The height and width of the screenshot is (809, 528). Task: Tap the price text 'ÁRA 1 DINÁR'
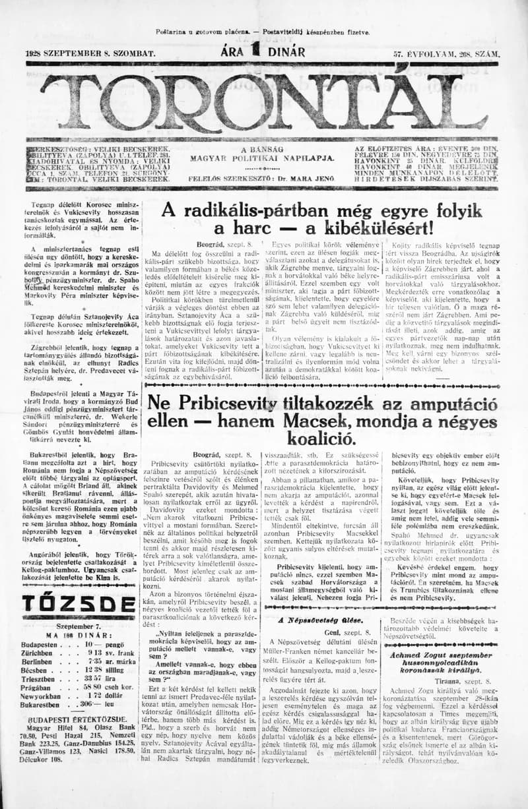(x=263, y=51)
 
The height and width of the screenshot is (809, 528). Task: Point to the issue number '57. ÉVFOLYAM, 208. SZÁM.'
(x=446, y=53)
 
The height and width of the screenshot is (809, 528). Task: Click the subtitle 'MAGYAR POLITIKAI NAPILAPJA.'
(x=262, y=158)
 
